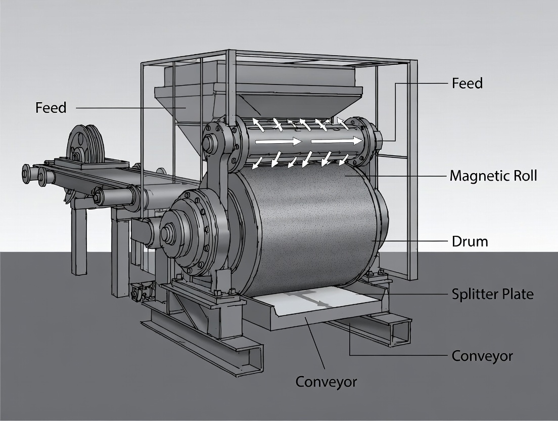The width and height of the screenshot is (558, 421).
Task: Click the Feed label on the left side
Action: (51, 108)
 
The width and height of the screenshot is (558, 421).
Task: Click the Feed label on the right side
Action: (467, 83)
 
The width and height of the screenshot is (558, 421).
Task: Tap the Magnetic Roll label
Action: (493, 176)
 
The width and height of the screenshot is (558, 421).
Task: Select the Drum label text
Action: (470, 241)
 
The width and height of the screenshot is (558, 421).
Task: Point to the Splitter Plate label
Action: (492, 294)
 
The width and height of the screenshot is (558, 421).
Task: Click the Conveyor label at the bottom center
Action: (325, 381)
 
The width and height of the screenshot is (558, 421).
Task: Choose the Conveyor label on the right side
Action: (482, 356)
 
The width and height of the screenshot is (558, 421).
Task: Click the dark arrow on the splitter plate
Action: (320, 303)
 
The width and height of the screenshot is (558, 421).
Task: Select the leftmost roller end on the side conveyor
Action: (27, 174)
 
